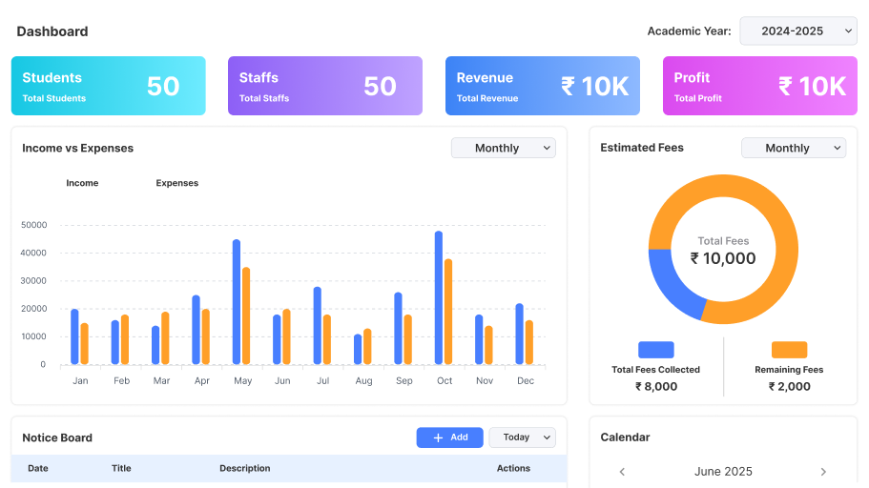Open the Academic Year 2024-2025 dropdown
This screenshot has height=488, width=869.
coord(798,31)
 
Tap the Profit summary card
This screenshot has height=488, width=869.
coord(759,86)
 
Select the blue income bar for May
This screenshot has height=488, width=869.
coord(237,302)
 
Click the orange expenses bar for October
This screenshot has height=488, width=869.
coord(448,312)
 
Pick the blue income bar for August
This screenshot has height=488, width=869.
coord(358,349)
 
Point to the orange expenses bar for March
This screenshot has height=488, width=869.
coord(165,337)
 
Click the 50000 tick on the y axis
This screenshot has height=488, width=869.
coord(33,225)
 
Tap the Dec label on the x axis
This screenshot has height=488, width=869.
coord(525,381)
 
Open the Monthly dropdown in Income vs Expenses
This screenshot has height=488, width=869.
coord(503,148)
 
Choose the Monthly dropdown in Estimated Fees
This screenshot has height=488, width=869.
coord(793,148)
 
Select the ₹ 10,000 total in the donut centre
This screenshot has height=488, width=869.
coord(723,258)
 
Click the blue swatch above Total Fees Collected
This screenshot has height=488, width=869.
coord(655,350)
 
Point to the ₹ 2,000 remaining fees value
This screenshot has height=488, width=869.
coord(789,386)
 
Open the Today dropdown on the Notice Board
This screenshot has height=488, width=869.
coord(522,437)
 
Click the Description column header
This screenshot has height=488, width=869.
coord(244,468)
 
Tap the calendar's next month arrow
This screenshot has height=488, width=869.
coord(823,472)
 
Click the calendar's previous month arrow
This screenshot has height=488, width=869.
coord(622,472)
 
